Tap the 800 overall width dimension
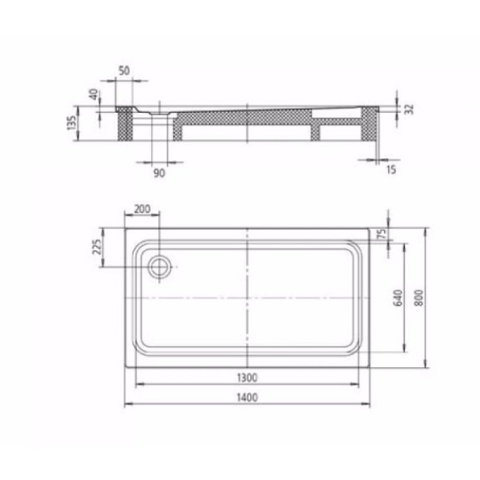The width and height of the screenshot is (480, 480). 418,297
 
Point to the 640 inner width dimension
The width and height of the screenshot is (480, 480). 397,297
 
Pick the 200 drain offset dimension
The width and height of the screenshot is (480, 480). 142,208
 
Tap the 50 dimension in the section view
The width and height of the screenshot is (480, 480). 124,70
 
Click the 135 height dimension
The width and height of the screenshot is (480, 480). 72,124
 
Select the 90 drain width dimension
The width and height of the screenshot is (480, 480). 159,173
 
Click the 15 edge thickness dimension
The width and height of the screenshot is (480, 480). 391,170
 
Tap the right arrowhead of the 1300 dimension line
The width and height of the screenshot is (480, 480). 365,384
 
